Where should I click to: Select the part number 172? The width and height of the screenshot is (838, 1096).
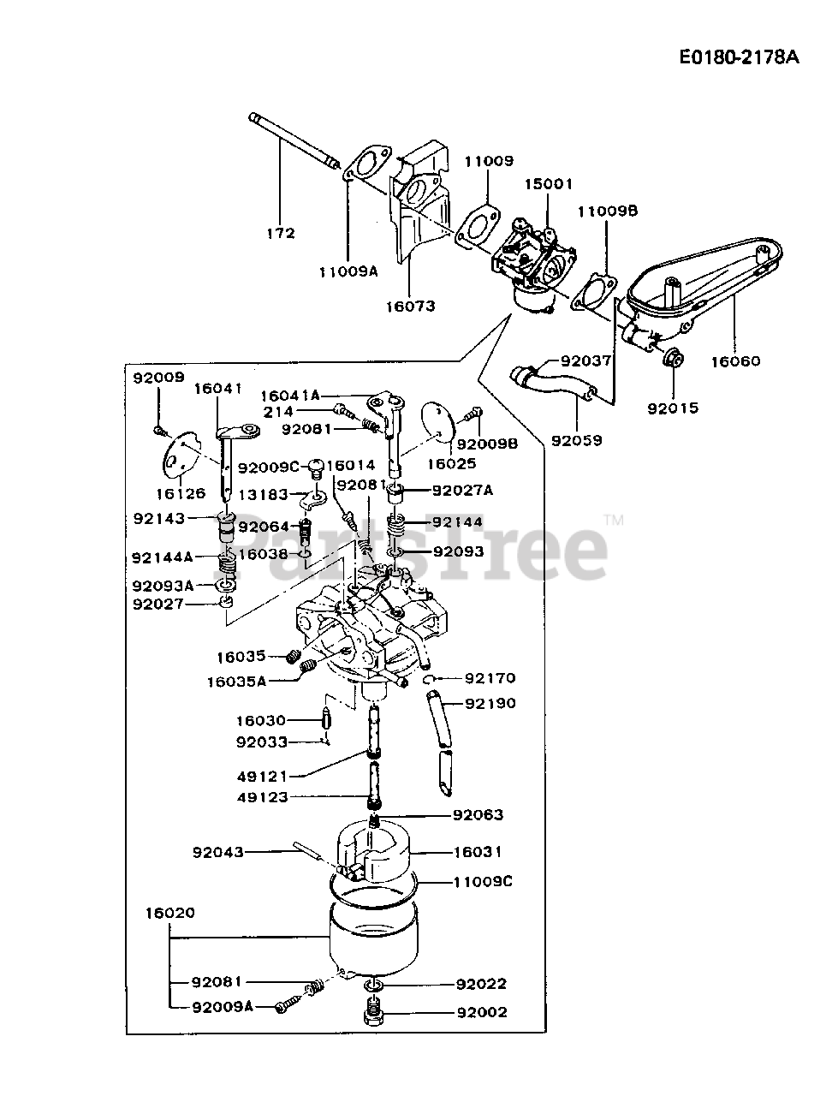[x=280, y=233]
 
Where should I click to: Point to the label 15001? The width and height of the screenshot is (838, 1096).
[x=549, y=184]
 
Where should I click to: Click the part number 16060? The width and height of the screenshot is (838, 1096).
[x=734, y=361]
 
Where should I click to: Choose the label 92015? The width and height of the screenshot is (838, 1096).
[x=673, y=408]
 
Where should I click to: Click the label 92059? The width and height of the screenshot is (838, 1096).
[x=576, y=441]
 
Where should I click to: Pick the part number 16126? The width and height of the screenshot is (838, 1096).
[x=181, y=493]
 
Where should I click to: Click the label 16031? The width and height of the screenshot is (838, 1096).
[x=477, y=852]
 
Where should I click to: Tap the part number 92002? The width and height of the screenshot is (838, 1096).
[x=481, y=1012]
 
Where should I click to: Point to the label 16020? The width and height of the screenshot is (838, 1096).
[x=169, y=913]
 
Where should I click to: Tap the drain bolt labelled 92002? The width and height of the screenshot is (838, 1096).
[x=373, y=1016]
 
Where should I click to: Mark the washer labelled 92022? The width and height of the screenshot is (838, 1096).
[x=374, y=988]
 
